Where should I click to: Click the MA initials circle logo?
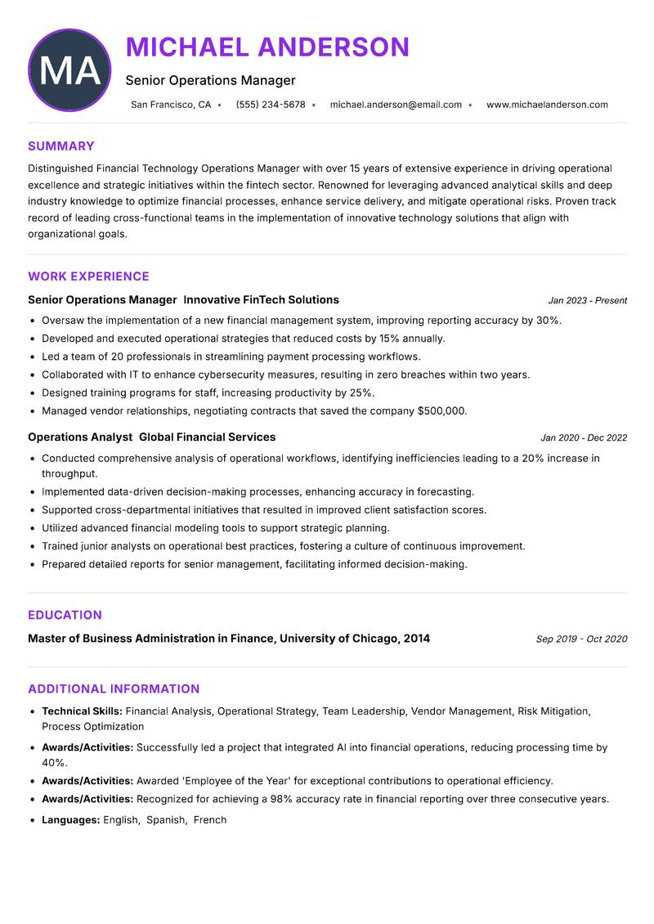(69, 70)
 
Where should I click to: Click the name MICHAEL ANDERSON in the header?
(267, 47)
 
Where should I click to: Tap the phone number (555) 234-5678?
(271, 105)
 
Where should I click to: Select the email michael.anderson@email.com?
(396, 105)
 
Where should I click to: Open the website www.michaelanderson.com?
(547, 105)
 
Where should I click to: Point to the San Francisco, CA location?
(171, 105)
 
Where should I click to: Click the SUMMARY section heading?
(61, 146)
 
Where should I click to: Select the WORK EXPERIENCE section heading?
(88, 276)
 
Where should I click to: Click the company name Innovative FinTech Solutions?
(261, 300)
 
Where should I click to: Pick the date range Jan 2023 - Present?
(587, 301)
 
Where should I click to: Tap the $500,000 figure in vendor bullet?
(441, 410)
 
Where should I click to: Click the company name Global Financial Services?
(207, 437)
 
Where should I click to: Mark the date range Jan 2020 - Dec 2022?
(583, 438)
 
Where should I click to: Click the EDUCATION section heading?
(65, 615)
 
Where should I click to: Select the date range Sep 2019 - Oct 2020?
(581, 639)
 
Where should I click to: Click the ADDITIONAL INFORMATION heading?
(114, 689)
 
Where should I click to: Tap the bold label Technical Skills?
(82, 711)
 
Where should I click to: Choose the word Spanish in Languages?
(166, 819)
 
